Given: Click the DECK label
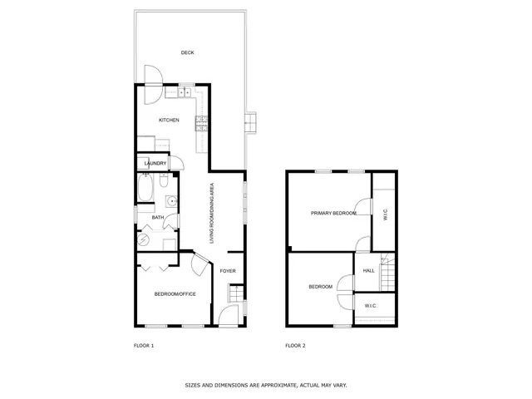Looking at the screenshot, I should coord(187,52).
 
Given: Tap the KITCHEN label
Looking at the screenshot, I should coord(170,121).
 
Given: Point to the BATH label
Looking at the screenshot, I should coord(157,219).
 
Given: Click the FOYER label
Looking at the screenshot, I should coord(228,271).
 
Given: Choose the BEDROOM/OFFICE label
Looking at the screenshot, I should coord(175,294).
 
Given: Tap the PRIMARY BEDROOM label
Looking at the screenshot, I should coord(333,214).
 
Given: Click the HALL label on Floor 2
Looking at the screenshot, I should coord(369,270).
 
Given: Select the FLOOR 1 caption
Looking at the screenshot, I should coord(144,345).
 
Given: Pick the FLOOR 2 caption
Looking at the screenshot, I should coord(295,345).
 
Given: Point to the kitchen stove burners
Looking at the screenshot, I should coord(200,124).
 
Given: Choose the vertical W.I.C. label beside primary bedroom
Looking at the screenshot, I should coord(385,214).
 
